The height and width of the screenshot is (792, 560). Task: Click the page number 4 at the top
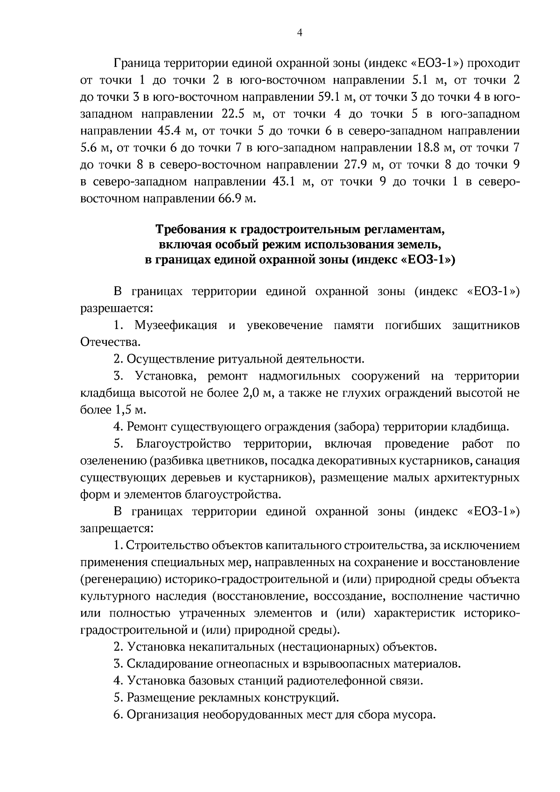(299, 33)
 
